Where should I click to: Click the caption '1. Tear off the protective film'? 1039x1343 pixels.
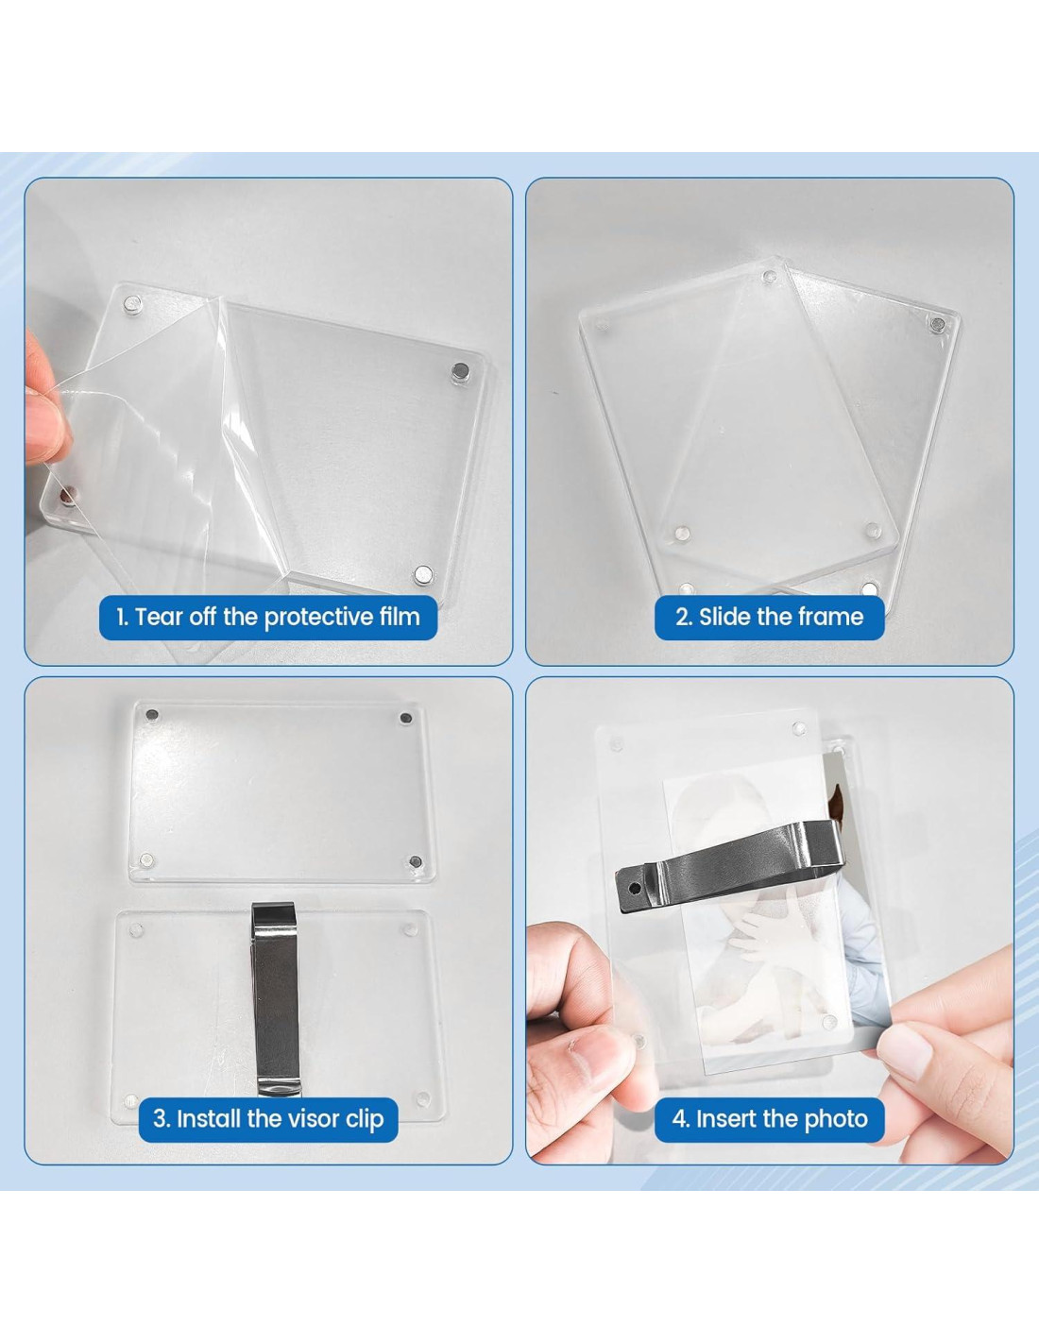pos(268,617)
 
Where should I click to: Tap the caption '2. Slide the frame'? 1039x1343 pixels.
pos(770,617)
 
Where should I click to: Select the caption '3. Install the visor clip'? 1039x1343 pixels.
pos(268,1118)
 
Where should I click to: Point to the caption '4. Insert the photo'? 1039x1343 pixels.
pos(770,1118)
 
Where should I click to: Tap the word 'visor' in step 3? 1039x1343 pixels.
pos(304,1118)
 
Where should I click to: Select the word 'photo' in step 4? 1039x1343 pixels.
pos(837,1119)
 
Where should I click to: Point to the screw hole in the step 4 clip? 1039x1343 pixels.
pos(635,889)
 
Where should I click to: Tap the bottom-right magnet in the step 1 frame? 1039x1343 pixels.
pos(423,574)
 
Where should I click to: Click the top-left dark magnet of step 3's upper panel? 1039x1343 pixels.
pos(152,716)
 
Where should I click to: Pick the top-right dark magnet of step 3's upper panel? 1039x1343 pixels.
pos(406,718)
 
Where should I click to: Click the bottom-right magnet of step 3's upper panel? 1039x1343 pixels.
pos(417,862)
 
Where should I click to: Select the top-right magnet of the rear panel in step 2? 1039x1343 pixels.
pos(938,323)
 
